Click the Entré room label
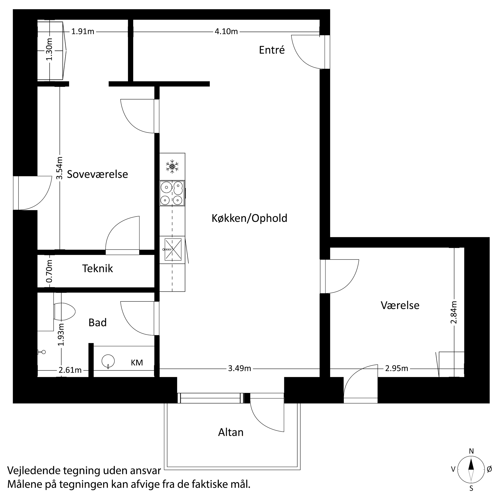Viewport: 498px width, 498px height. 272,50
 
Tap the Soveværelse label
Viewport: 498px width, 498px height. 97,174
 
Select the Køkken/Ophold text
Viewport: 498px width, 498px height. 249,218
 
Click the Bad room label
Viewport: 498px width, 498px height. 97,323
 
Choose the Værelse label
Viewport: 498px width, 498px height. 400,305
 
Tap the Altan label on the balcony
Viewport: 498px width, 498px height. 231,432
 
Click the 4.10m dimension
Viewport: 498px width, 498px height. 226,32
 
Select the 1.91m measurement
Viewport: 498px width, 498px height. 83,32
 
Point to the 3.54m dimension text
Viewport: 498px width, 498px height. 60,168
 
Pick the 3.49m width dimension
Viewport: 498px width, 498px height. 239,368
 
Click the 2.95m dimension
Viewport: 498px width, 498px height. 396,368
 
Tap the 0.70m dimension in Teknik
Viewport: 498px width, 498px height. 50,271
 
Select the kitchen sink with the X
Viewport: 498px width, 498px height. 173,249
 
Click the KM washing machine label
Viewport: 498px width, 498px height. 137,363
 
